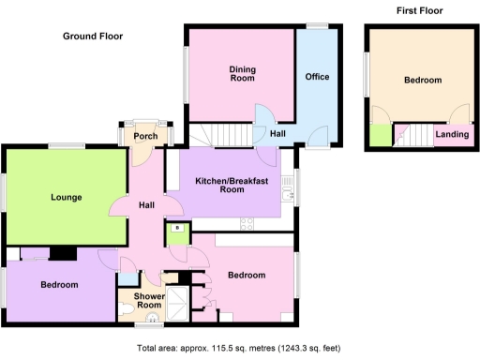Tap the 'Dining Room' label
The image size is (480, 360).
tap(243, 73)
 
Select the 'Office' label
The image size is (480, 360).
tap(317, 77)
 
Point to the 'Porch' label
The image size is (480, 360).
tap(144, 137)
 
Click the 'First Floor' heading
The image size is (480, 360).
tap(419, 11)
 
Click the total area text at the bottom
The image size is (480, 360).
tap(240, 348)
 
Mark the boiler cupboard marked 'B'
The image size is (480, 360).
tap(174, 229)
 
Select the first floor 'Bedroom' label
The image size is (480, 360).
tap(422, 81)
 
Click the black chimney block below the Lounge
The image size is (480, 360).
tap(64, 253)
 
